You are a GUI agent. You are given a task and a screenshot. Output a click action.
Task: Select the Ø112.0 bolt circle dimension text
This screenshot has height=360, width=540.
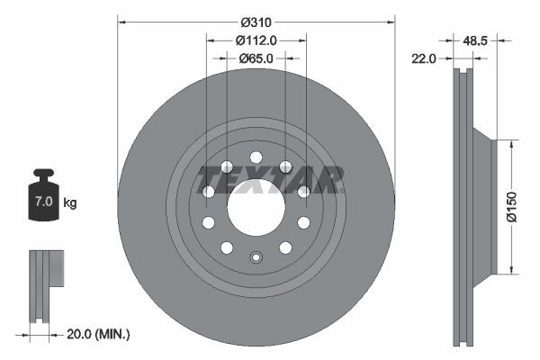pyautogui.click(x=256, y=40)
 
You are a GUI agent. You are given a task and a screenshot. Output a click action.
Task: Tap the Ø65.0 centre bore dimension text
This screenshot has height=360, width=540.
pyautogui.click(x=256, y=58)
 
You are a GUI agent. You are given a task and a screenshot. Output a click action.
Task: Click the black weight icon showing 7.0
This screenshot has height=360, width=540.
pyautogui.click(x=43, y=193)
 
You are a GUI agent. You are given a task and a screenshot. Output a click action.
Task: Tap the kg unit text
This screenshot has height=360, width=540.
pyautogui.click(x=70, y=202)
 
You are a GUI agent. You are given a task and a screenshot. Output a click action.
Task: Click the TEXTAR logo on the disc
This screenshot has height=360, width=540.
pyautogui.click(x=270, y=178)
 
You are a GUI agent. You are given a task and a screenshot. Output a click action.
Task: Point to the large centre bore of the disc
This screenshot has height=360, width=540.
pyautogui.click(x=256, y=207)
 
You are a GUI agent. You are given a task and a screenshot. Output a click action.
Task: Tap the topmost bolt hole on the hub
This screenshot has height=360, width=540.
pyautogui.click(x=256, y=157)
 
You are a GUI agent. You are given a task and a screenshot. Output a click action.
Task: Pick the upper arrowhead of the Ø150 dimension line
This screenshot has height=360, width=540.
pyautogui.click(x=513, y=142)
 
